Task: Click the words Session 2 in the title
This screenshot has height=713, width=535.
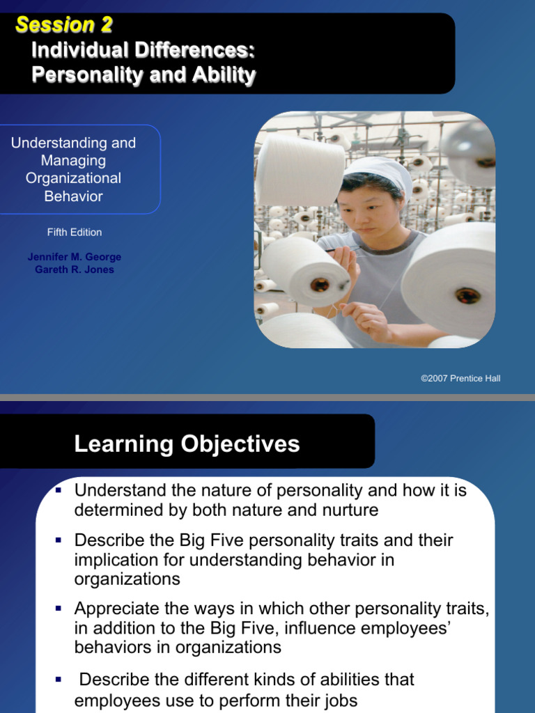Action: click(63, 26)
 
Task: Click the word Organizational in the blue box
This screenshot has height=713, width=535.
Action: click(73, 178)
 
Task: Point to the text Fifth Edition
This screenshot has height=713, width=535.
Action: click(74, 232)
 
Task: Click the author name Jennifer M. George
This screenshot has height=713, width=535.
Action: click(74, 257)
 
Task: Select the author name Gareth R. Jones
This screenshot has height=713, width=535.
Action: click(74, 269)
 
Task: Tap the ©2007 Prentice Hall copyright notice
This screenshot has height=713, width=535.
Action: click(460, 378)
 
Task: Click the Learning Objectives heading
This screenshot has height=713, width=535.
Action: click(187, 444)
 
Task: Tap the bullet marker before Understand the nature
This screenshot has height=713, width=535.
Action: click(59, 490)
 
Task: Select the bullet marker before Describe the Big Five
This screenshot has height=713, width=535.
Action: click(59, 540)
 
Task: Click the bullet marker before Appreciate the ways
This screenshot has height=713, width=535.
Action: click(59, 609)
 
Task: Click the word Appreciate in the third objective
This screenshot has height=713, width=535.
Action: click(116, 609)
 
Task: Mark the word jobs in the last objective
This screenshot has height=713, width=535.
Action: click(341, 700)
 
